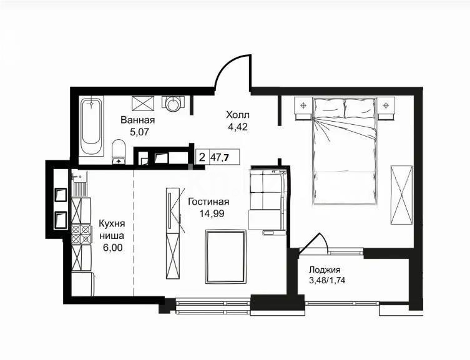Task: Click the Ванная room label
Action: click(137, 120)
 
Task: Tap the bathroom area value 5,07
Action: click(139, 132)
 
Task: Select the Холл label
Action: click(238, 115)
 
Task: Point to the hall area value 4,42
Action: click(238, 127)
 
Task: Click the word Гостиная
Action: click(208, 202)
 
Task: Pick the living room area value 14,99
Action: click(212, 213)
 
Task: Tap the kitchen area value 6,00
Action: click(112, 248)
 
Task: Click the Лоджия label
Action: click(325, 270)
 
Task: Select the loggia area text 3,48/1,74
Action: click(326, 281)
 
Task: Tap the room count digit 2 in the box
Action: click(202, 157)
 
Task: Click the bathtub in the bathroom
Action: click(92, 127)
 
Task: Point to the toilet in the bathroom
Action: click(119, 152)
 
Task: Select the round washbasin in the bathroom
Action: click(174, 104)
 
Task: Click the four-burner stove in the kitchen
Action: click(81, 235)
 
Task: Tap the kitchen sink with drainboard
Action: click(80, 183)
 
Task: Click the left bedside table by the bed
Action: click(303, 108)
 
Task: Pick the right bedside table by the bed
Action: click(386, 108)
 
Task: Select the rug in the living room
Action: click(226, 256)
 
